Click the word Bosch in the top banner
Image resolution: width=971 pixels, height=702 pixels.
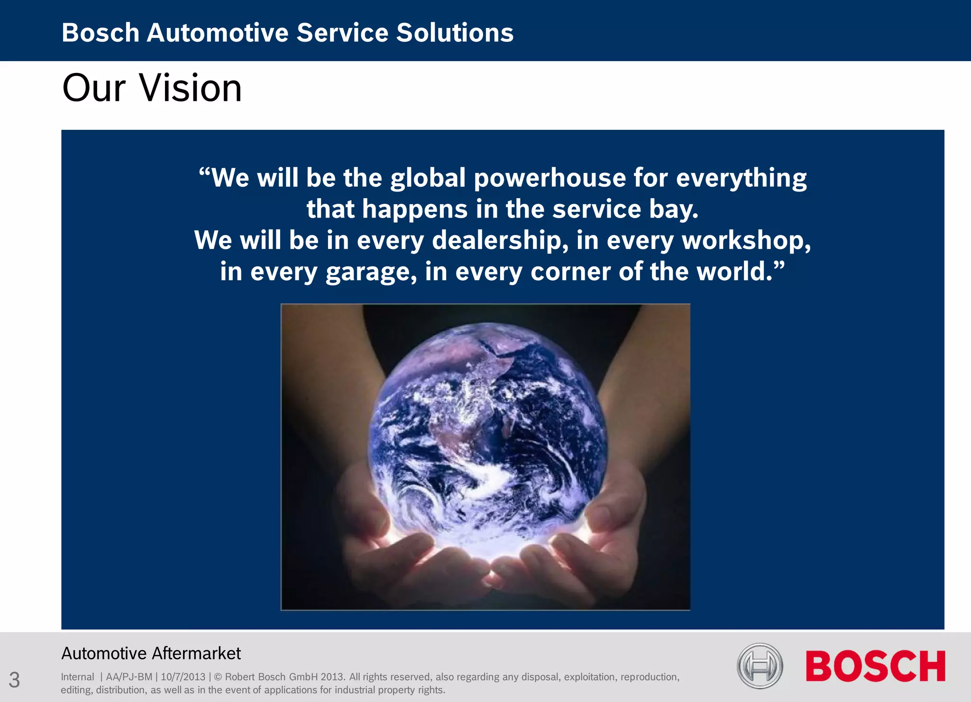click(x=100, y=33)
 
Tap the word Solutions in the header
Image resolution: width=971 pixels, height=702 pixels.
click(x=455, y=33)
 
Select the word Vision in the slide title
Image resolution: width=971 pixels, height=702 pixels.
click(x=191, y=88)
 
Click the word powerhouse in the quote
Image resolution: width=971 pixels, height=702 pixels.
click(x=550, y=178)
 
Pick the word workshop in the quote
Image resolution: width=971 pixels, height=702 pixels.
click(x=745, y=240)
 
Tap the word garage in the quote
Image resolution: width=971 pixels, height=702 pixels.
click(x=371, y=272)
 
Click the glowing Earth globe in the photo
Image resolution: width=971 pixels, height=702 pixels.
click(x=488, y=427)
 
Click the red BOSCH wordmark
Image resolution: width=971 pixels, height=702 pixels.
click(x=875, y=666)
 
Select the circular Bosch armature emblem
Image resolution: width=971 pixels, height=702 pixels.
click(x=760, y=666)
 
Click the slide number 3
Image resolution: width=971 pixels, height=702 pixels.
click(x=14, y=680)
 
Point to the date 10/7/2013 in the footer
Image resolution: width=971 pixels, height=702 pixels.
click(x=183, y=677)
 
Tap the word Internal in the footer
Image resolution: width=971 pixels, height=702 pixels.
click(x=77, y=677)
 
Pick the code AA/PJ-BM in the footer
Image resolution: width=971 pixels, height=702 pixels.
click(x=129, y=677)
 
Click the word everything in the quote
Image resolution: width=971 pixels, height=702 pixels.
click(x=741, y=178)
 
